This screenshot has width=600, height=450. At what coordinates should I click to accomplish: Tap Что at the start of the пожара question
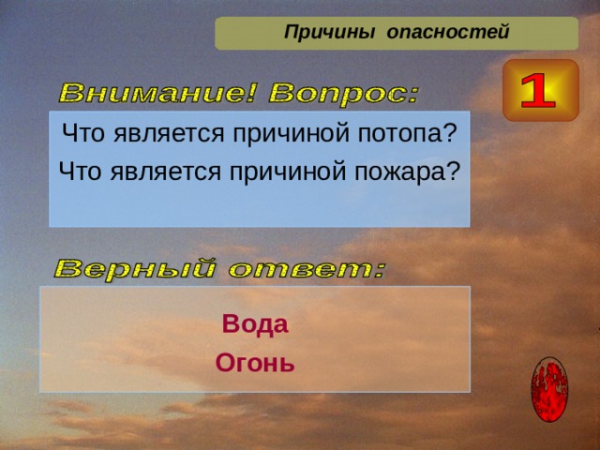pyautogui.click(x=77, y=172)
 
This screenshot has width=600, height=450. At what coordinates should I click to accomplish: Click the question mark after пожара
pyautogui.click(x=454, y=172)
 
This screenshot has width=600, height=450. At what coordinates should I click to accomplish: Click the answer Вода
pyautogui.click(x=255, y=325)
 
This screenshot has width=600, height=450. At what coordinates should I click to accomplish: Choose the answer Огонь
pyautogui.click(x=255, y=362)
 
